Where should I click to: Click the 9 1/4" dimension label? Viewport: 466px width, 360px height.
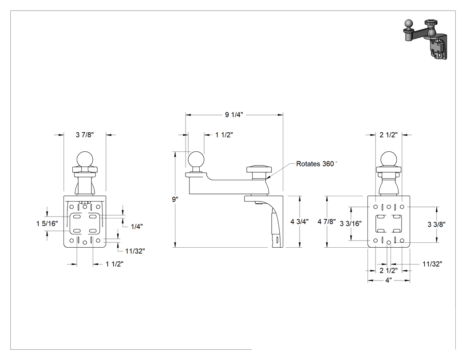pyautogui.click(x=234, y=115)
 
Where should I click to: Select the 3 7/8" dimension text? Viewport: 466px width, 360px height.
pyautogui.click(x=85, y=135)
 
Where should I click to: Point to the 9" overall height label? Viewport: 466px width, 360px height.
pyautogui.click(x=175, y=199)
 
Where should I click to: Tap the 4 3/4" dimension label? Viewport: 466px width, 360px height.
pyautogui.click(x=300, y=222)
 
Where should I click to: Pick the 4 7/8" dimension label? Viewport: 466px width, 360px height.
pyautogui.click(x=327, y=222)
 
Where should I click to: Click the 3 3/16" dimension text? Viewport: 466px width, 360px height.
pyautogui.click(x=351, y=224)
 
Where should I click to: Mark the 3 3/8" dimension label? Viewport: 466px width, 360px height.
pyautogui.click(x=437, y=225)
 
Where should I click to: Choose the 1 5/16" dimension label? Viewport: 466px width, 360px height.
pyautogui.click(x=47, y=224)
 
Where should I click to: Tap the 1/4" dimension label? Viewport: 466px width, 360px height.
pyautogui.click(x=137, y=226)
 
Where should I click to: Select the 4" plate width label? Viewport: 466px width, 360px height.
pyautogui.click(x=388, y=281)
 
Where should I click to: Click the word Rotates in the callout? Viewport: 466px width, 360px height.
pyautogui.click(x=308, y=164)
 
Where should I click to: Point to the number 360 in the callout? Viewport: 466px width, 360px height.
pyautogui.click(x=328, y=164)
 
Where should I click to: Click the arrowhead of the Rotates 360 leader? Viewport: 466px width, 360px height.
pyautogui.click(x=267, y=178)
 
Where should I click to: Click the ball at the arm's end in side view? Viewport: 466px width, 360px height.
pyautogui.click(x=196, y=160)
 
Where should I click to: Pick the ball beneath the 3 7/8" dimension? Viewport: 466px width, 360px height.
pyautogui.click(x=85, y=159)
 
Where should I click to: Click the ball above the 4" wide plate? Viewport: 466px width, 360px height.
pyautogui.click(x=389, y=159)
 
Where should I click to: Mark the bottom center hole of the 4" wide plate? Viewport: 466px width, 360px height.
pyautogui.click(x=389, y=242)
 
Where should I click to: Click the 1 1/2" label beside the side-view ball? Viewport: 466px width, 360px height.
pyautogui.click(x=224, y=135)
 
